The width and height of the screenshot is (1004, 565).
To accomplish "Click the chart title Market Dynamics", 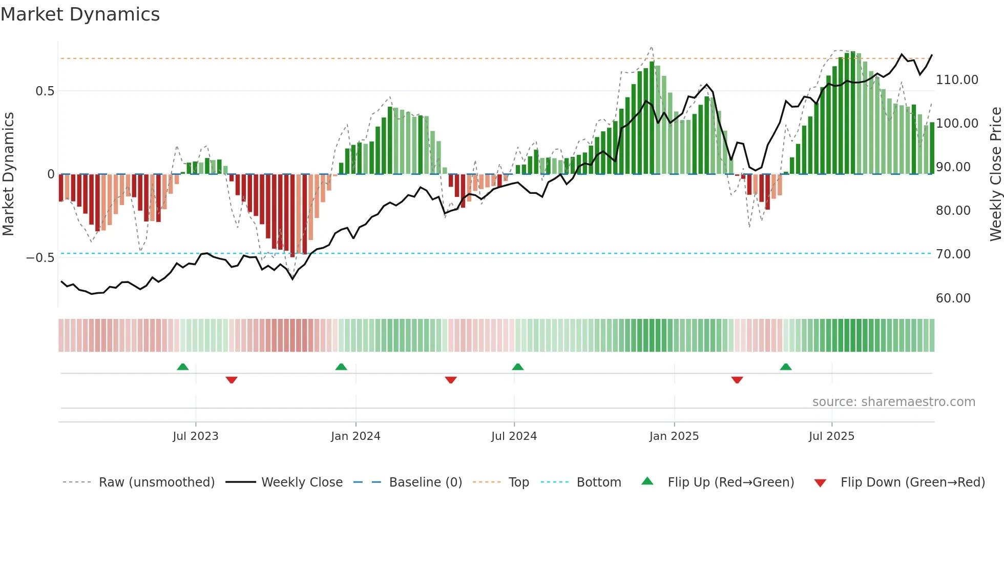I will point(80,14).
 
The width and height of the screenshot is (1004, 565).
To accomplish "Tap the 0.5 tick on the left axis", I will point(45,91).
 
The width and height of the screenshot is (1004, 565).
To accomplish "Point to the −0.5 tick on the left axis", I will point(40,257).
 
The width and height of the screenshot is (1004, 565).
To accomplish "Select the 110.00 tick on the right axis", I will point(957,80).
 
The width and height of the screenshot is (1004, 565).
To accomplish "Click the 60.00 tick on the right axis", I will point(953,298).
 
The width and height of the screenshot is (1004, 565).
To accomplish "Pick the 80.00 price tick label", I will point(953,211).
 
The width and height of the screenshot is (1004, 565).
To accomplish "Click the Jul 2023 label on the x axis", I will point(195,436).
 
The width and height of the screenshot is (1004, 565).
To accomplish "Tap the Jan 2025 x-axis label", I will point(674,436).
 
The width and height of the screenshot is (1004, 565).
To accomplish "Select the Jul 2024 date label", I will point(514,436).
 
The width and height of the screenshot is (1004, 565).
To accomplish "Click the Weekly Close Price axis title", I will point(995,174).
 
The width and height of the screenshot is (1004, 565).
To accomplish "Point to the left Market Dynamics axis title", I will point(8,174).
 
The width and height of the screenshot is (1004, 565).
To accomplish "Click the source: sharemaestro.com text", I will point(893,402).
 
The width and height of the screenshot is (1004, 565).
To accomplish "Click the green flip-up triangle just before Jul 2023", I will point(183,367).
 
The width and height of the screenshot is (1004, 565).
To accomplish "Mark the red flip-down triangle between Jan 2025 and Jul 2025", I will point(737,380).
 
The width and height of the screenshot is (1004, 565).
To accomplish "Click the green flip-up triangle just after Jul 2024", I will point(518,367).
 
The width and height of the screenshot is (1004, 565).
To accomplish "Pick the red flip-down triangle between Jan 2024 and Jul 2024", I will point(451,380).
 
